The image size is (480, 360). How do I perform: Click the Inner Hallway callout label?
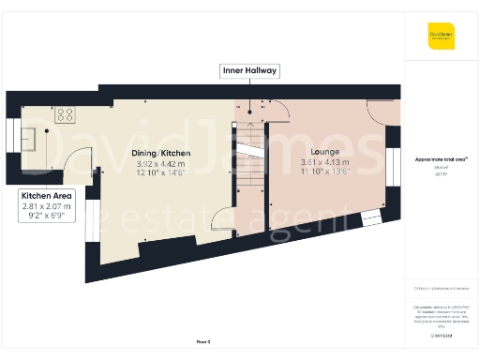click(x=249, y=70)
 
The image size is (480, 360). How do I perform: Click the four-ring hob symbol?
click(x=66, y=114)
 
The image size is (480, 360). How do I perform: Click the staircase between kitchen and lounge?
click(x=249, y=155)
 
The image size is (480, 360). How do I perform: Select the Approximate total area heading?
click(x=441, y=159)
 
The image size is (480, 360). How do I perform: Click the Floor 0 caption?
click(x=203, y=341)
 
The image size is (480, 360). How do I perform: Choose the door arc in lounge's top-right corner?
click(x=382, y=112)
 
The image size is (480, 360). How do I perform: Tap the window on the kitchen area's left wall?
click(x=11, y=138)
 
